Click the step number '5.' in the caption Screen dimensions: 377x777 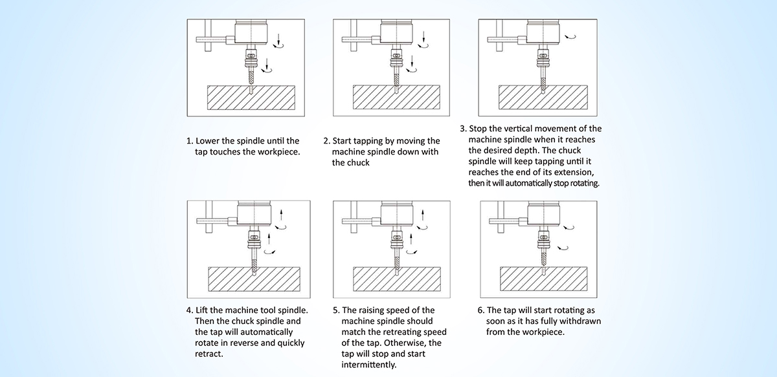coord(335,310)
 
